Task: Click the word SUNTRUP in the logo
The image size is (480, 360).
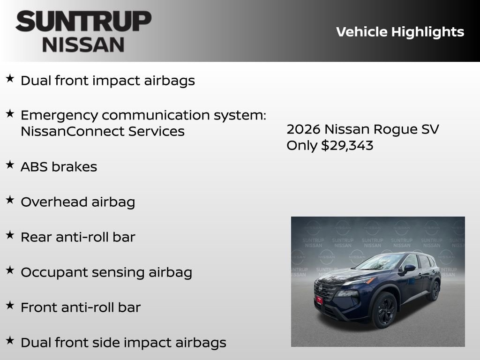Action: [83, 22]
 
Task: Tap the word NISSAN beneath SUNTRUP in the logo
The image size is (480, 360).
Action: [83, 44]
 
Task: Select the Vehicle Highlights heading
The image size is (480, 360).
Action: [400, 32]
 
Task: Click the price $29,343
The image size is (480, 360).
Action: [347, 145]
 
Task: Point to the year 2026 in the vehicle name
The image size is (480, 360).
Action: [303, 129]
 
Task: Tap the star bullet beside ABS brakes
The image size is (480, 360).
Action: [10, 165]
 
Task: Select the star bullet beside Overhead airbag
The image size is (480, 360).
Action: [10, 200]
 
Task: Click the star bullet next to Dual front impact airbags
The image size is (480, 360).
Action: [10, 78]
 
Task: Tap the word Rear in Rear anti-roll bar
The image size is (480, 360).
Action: [36, 237]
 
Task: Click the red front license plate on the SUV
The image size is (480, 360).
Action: [320, 300]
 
